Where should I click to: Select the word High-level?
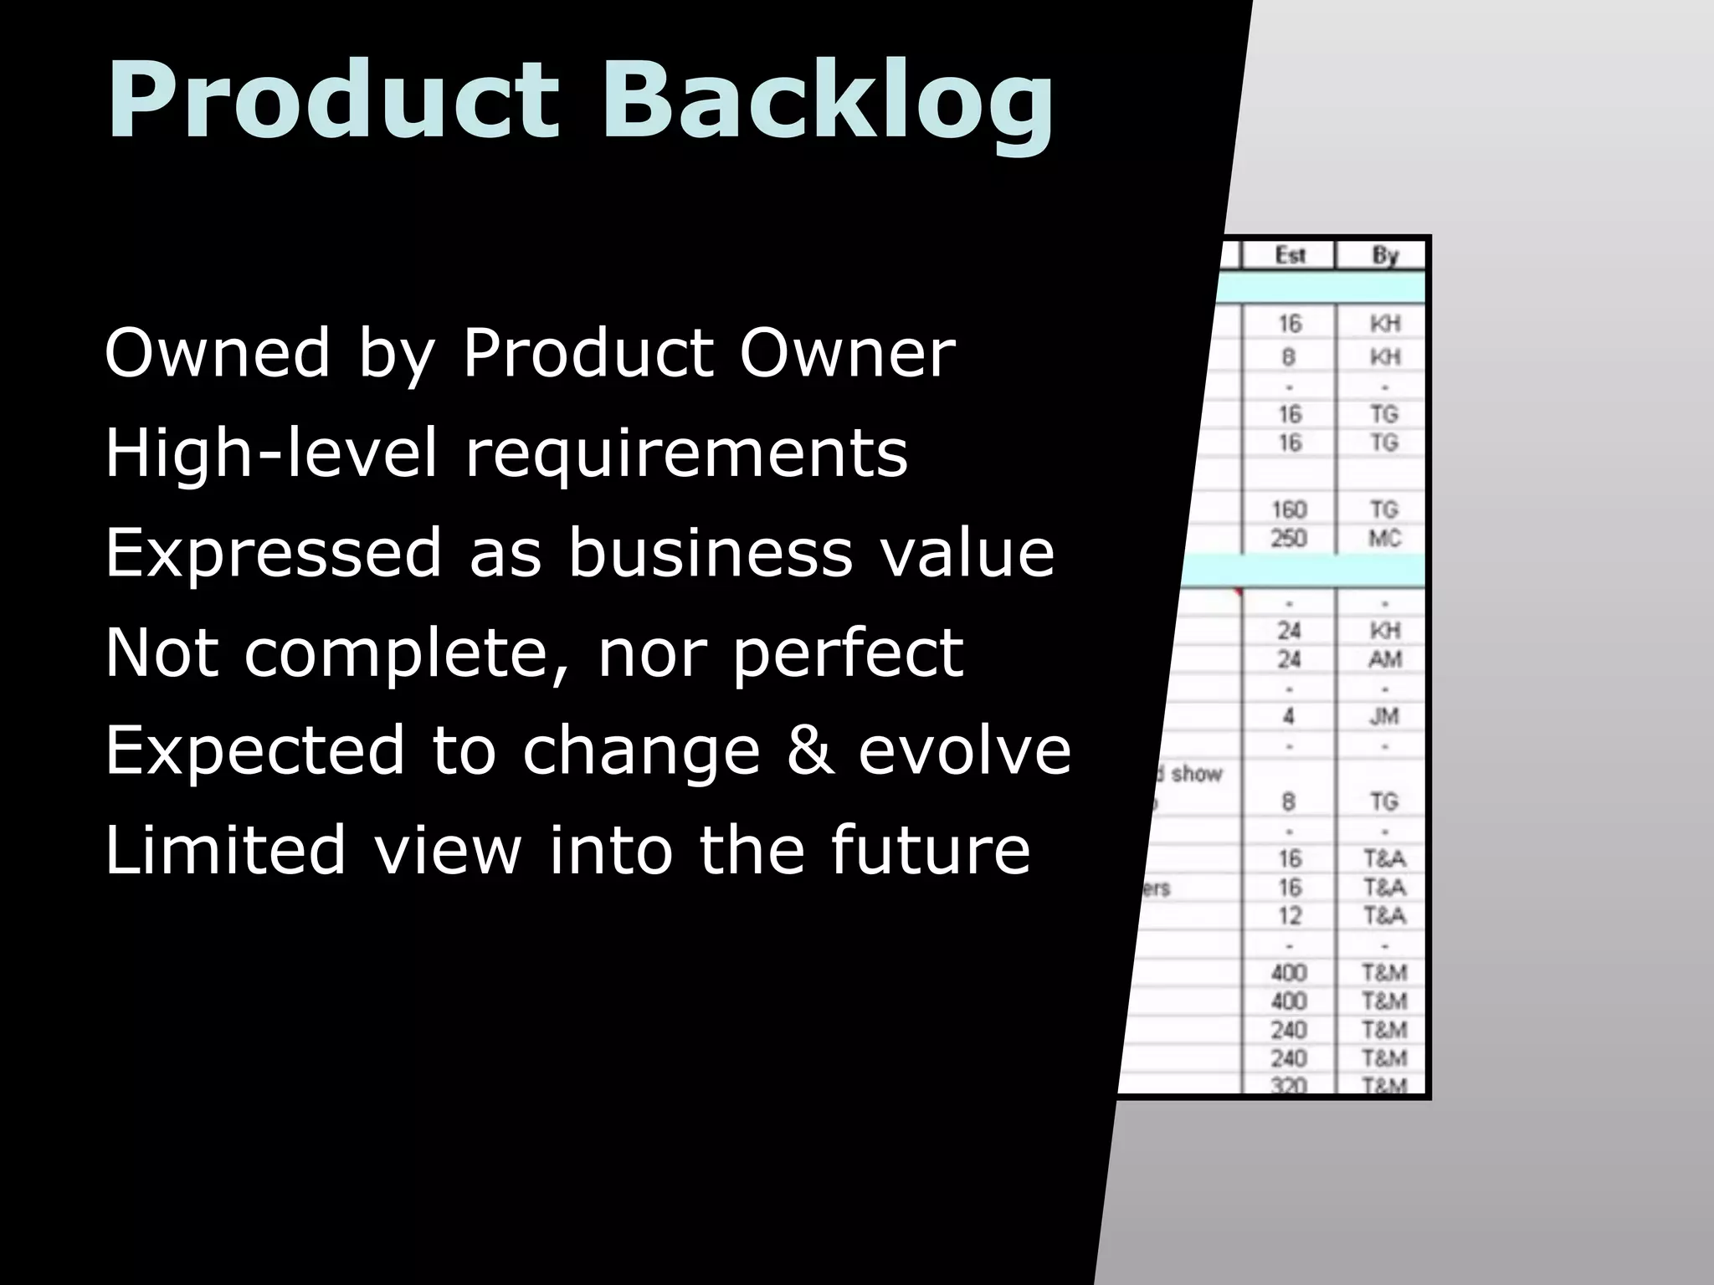pyautogui.click(x=271, y=453)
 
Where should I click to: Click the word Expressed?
pyautogui.click(x=273, y=554)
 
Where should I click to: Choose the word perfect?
pyautogui.click(x=848, y=654)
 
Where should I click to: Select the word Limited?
pyautogui.click(x=224, y=849)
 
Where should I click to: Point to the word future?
pyautogui.click(x=930, y=849)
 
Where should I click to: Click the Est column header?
pyautogui.click(x=1289, y=255)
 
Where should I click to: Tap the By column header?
pyautogui.click(x=1384, y=255)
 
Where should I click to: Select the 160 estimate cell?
pyautogui.click(x=1289, y=509)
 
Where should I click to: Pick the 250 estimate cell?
pyautogui.click(x=1289, y=538)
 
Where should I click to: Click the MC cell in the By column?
pyautogui.click(x=1384, y=538)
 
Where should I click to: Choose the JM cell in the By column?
pyautogui.click(x=1384, y=716)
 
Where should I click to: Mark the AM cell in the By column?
pyautogui.click(x=1384, y=659)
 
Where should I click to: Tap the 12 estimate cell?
pyautogui.click(x=1289, y=915)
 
